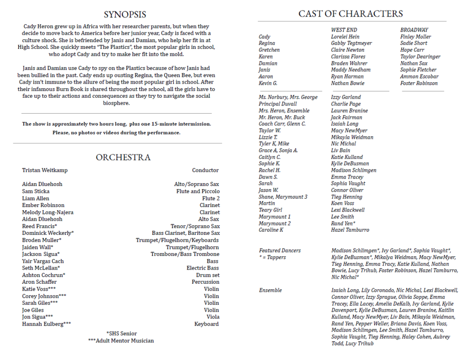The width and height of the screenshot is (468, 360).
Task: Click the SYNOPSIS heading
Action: [125, 15]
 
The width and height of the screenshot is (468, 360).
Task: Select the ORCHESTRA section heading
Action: [123, 157]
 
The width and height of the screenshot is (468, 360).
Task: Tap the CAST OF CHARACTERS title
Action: [351, 14]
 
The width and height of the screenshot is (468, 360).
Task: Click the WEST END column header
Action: [344, 30]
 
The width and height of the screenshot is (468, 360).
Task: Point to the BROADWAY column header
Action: [414, 30]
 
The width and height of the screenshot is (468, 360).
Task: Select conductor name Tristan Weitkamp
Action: [45, 170]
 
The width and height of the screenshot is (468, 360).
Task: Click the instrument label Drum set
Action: [207, 275]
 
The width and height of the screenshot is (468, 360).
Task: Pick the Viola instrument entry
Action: [213, 317]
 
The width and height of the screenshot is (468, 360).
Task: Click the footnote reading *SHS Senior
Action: [121, 334]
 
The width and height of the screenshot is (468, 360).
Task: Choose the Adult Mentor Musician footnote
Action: [121, 341]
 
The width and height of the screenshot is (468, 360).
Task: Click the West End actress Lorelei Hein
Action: [345, 37]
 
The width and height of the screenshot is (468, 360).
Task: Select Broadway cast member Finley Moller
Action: [415, 37]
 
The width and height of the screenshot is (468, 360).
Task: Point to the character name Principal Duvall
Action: [277, 104]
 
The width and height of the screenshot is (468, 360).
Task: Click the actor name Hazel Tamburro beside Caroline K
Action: [350, 230]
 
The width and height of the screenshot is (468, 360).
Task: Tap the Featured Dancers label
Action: [280, 250]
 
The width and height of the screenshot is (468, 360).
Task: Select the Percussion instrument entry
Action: [205, 282]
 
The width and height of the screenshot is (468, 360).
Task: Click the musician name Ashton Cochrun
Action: [44, 275]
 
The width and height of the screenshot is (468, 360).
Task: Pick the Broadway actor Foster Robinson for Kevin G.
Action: [419, 83]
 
